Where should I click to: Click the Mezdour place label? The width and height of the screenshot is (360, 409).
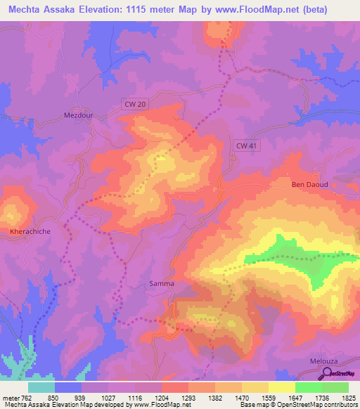78,115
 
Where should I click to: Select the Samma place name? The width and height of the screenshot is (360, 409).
161,284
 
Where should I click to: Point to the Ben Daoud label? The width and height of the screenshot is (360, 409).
310,185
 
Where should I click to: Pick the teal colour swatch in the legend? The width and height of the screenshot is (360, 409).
41,387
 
